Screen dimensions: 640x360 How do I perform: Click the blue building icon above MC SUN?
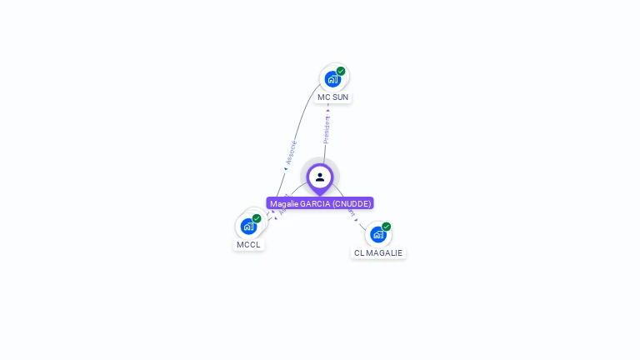coord(332,79)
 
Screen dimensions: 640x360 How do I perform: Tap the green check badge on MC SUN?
coord(341,72)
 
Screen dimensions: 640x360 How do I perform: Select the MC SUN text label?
coord(332,97)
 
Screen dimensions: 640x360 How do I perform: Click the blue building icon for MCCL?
coord(248,226)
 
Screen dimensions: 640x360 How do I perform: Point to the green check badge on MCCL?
coord(257,218)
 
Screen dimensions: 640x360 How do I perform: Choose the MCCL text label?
coord(248,245)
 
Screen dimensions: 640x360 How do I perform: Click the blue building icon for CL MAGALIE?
coord(377,234)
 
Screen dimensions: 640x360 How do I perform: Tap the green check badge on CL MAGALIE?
coord(386,227)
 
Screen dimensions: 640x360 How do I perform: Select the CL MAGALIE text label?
coord(377,253)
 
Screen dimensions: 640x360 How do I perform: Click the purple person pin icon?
coord(320,177)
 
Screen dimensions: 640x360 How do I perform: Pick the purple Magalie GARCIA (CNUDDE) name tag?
coord(320,203)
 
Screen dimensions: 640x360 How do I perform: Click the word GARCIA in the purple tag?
coord(315,203)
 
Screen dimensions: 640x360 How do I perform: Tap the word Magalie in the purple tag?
coord(284,203)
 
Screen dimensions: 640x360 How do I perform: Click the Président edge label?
coord(327,130)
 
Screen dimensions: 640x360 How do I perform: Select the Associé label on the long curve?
coord(291,152)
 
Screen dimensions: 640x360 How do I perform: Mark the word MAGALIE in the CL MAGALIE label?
coord(385,253)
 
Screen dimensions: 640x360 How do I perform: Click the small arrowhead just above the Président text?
coord(328,110)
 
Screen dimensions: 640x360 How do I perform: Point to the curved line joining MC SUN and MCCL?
coord(297,125)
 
